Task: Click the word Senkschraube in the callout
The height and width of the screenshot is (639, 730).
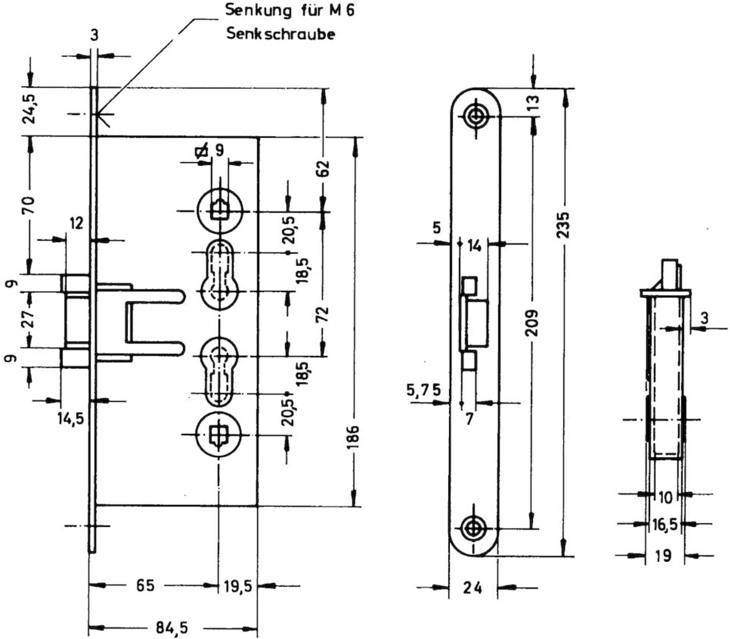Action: pyautogui.click(x=281, y=34)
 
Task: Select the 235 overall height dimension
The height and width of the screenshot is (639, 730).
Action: pyautogui.click(x=563, y=226)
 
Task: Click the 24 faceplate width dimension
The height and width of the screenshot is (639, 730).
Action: pyautogui.click(x=472, y=588)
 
